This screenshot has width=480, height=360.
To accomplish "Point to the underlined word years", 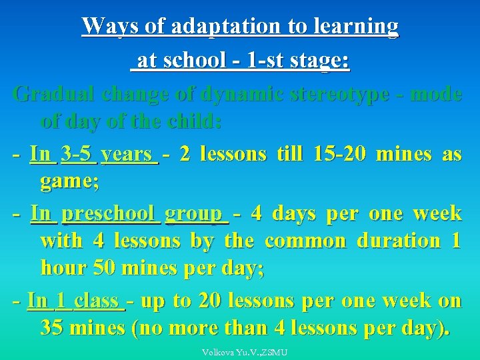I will pyautogui.click(x=129, y=154).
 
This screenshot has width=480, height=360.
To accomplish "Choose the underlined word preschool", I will pyautogui.click(x=111, y=213).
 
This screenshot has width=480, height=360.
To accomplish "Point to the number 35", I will pyautogui.click(x=53, y=328).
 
